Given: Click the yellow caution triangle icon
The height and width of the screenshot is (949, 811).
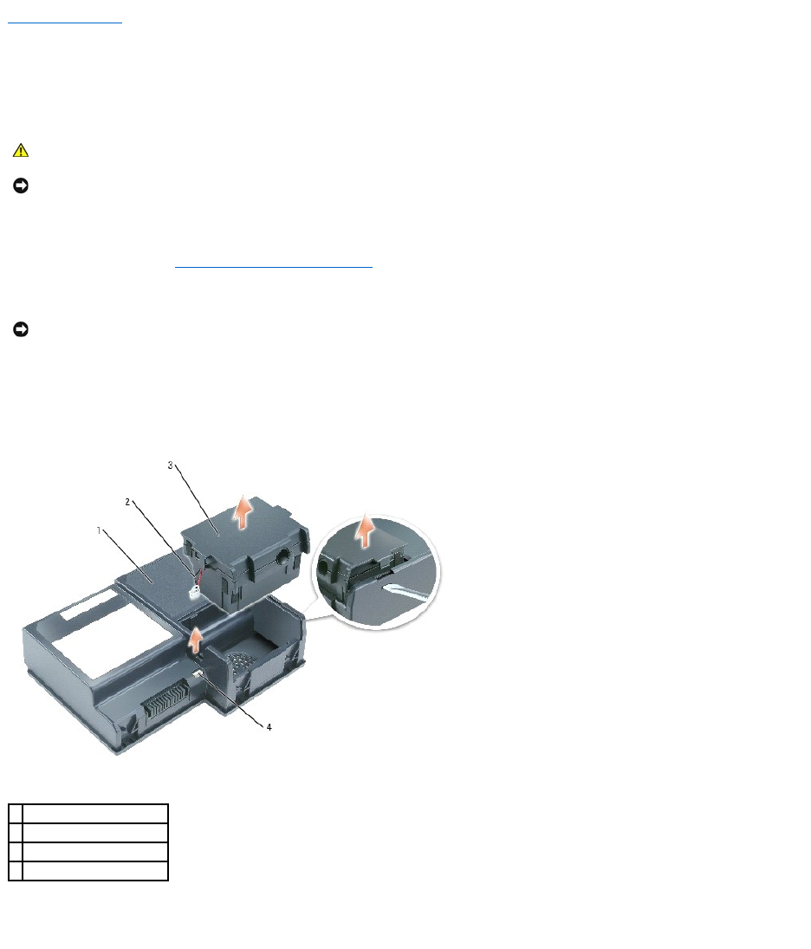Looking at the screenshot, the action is [x=21, y=150].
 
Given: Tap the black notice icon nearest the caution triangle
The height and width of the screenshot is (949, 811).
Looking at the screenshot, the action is [x=21, y=185].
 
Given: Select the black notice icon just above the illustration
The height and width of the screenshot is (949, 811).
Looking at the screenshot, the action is [x=21, y=329].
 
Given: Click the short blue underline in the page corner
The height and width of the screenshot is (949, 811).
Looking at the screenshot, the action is [x=65, y=23].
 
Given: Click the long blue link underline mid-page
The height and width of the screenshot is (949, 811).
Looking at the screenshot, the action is [x=274, y=266].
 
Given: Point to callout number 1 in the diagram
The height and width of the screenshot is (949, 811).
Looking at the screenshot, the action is [x=99, y=530].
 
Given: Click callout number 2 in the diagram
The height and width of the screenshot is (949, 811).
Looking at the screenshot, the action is [x=127, y=502].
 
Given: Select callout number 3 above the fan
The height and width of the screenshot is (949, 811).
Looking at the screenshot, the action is [x=170, y=465].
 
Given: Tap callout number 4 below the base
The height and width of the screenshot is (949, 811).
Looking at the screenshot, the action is [x=269, y=727].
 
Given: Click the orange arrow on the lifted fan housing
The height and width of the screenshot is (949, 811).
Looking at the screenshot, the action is [x=243, y=512].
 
